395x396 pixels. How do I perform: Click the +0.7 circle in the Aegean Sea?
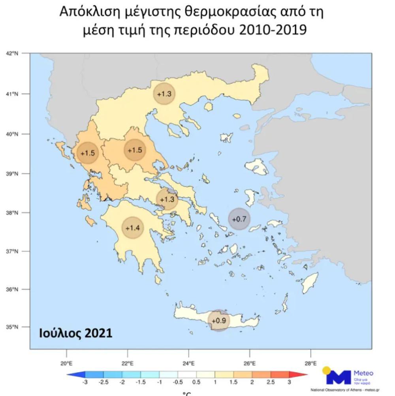239,218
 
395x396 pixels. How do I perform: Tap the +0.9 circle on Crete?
218,320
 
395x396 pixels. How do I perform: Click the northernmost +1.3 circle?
164,94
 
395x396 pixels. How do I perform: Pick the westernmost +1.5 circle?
88,153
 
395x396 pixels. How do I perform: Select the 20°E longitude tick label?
66,364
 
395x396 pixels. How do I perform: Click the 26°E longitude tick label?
249,364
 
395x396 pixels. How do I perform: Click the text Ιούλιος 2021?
75,333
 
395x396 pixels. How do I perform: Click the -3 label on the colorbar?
84,382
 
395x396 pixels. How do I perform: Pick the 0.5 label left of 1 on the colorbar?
196,382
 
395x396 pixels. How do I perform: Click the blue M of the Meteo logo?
338,377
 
